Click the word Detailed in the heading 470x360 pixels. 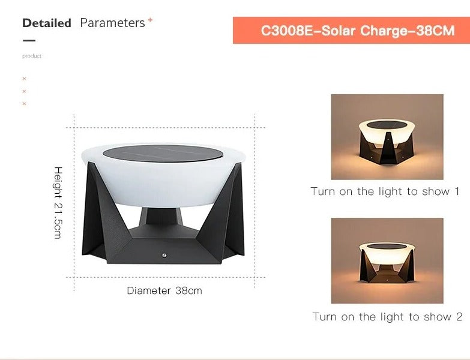coord(46,23)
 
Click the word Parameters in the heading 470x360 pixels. coord(112,23)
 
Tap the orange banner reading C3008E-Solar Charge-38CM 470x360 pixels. coord(351,30)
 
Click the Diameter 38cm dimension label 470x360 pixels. coord(164,290)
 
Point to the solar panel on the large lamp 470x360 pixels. coord(164,154)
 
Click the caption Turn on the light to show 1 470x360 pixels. coord(385,191)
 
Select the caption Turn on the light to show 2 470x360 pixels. coord(387,316)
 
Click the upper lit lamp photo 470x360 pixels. coord(387,137)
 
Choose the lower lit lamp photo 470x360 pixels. coord(387,260)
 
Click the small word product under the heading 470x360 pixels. coord(32,56)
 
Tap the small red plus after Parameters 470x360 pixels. coord(150,20)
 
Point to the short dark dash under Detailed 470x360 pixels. coord(29,41)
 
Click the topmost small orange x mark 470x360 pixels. coord(25,79)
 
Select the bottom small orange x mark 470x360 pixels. coord(25,104)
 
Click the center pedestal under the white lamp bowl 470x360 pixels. coord(163,217)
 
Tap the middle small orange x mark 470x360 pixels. coord(25,91)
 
